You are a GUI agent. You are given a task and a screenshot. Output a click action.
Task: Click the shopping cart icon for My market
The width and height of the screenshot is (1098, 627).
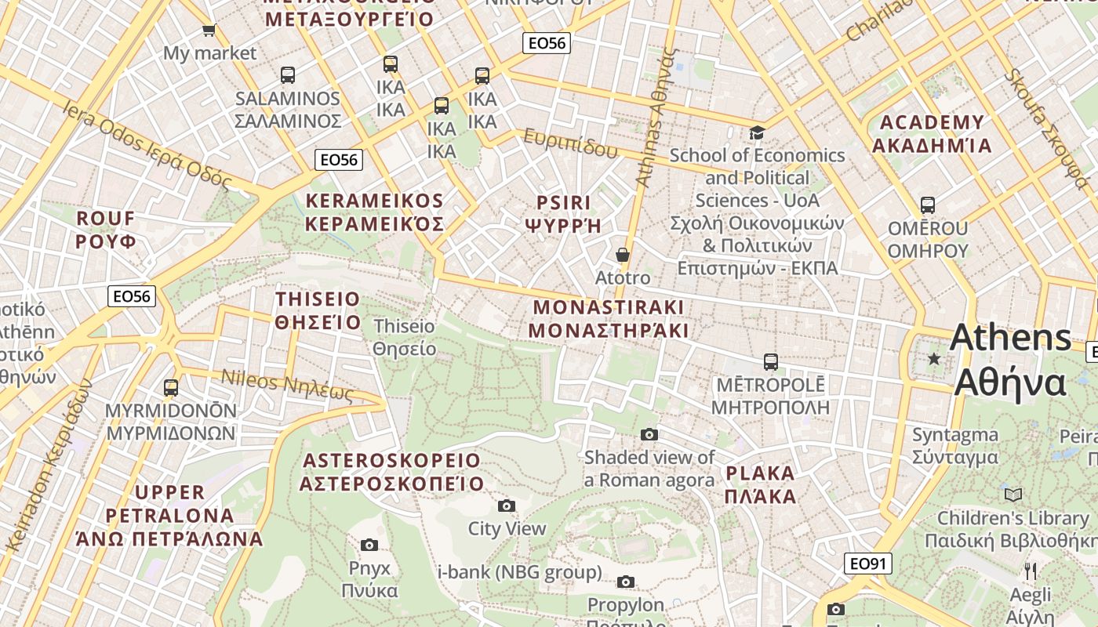point(209,31)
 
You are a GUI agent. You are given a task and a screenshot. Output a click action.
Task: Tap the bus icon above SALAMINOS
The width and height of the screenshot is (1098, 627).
point(288,75)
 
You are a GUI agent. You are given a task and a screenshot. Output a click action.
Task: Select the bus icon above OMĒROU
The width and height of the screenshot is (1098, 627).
point(928,205)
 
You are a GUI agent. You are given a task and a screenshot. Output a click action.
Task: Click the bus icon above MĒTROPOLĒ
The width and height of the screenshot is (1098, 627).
point(770,362)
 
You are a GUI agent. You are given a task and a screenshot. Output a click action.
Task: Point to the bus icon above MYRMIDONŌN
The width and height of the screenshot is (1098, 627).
point(170,387)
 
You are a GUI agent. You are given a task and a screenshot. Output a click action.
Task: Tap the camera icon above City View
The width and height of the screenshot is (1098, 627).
point(507,506)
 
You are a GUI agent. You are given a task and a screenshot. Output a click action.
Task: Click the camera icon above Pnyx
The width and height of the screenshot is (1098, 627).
point(369,545)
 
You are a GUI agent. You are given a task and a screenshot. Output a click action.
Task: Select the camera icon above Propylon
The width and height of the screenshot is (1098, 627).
point(625,582)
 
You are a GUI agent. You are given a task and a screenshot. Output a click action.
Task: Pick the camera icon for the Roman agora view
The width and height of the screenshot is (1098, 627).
point(649,434)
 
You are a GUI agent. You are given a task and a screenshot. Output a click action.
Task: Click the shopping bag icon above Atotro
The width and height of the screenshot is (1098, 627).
point(623,255)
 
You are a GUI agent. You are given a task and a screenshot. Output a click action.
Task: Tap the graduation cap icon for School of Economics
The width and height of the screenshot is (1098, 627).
point(757,132)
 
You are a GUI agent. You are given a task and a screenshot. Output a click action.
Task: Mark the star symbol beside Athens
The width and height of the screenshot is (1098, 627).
point(933,359)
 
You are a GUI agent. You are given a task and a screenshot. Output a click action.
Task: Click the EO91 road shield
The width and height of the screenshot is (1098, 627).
point(868,564)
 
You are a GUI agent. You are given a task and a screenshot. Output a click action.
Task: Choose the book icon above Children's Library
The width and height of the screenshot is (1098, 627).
point(1013,495)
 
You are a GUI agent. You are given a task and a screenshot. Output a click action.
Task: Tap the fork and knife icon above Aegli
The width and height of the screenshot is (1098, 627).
point(1031,571)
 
